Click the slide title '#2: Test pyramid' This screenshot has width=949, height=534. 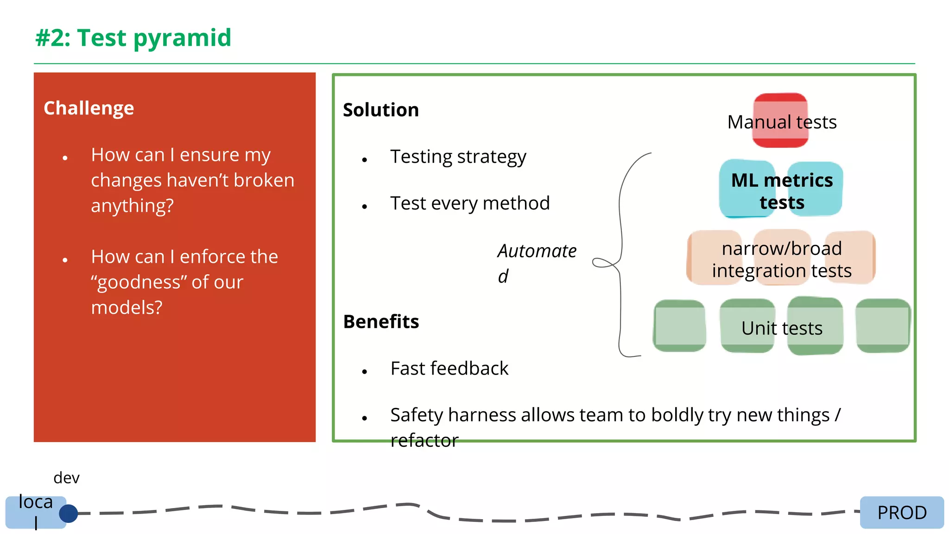133,38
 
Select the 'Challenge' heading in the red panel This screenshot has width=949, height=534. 89,108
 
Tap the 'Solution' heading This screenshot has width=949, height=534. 380,110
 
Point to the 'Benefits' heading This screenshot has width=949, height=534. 381,322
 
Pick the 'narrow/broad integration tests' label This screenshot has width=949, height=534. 782,260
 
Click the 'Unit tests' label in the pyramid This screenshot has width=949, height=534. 782,328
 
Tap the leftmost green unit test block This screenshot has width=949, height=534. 679,326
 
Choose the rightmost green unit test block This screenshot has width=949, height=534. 883,326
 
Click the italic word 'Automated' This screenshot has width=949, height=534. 537,252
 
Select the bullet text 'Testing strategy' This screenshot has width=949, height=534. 458,157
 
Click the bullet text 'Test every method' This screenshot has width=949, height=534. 469,203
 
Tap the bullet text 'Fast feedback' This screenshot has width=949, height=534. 449,369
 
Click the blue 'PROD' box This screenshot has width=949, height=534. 902,513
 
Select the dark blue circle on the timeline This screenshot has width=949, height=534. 69,514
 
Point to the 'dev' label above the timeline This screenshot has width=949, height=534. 66,478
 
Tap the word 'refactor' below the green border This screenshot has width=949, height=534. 424,441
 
